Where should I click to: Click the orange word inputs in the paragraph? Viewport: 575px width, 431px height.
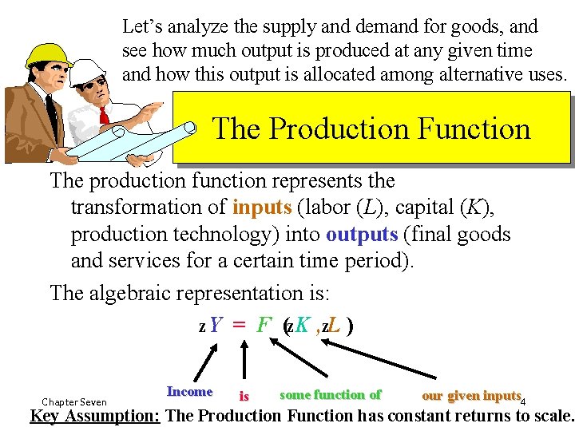coord(262,208)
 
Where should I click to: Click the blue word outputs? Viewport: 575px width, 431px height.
coord(361,234)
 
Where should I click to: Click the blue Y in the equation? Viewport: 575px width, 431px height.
coord(216,326)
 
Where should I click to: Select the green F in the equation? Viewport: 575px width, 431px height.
coord(263,326)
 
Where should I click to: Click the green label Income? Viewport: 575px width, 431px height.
coord(189,392)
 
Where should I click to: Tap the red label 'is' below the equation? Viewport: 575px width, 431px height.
coord(244,396)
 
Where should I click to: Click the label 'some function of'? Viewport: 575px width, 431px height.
coord(330,394)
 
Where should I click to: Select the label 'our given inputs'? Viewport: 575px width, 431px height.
coord(470,396)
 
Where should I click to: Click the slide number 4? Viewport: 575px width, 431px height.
coord(524,401)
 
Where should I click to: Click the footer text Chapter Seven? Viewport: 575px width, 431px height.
coord(74,401)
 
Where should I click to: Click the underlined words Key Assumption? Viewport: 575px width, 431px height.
coord(95,416)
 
